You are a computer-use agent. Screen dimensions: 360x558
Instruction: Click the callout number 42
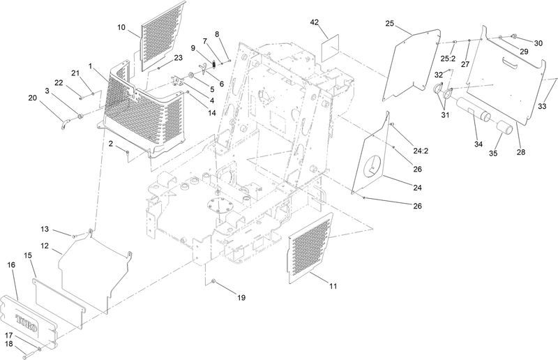click(x=314, y=22)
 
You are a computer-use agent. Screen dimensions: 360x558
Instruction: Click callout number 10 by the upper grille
click(x=121, y=27)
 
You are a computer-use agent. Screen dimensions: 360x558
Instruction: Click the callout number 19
click(x=241, y=298)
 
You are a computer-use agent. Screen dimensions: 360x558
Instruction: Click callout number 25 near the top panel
click(x=389, y=24)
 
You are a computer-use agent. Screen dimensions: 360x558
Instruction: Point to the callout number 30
click(x=538, y=43)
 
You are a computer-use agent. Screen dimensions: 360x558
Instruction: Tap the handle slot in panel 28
click(x=514, y=65)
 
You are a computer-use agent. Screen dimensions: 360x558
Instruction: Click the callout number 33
click(x=541, y=107)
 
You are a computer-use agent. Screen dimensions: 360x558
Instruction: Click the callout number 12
click(x=43, y=246)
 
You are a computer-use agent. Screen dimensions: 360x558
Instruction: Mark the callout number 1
click(x=91, y=66)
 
